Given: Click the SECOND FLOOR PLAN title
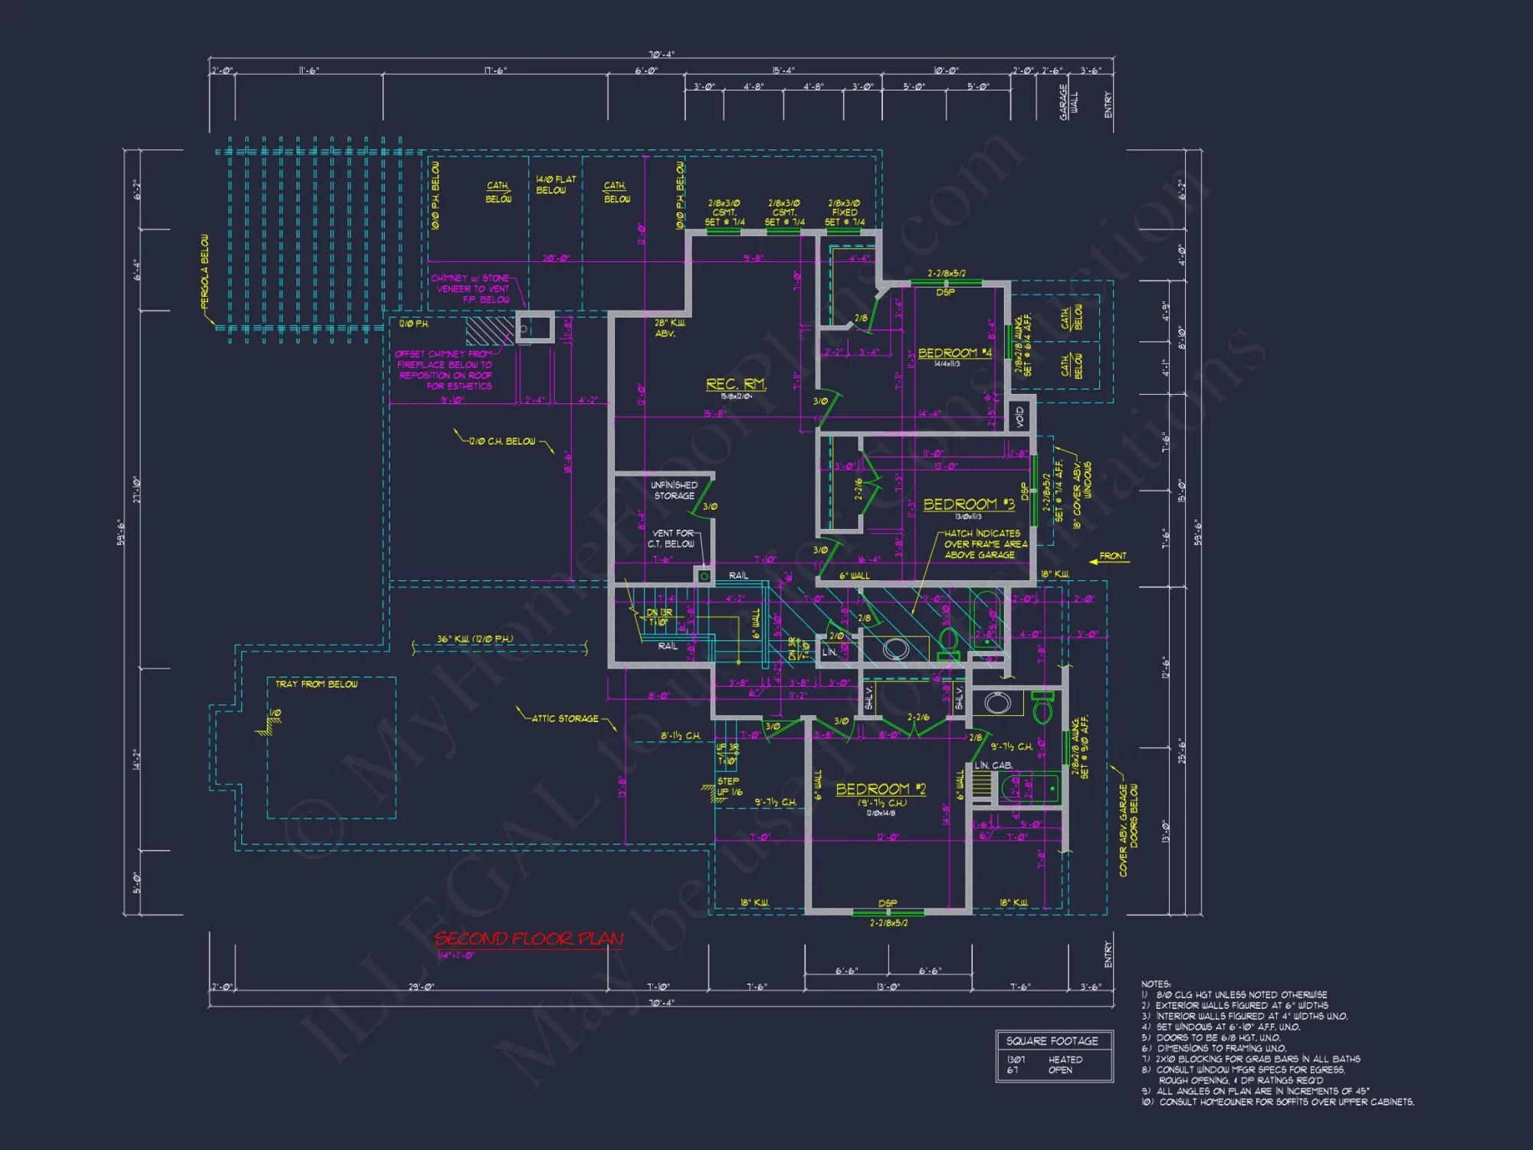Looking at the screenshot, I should (x=529, y=938).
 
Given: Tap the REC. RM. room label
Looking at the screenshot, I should (x=735, y=384).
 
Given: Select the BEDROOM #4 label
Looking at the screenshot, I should (x=954, y=353).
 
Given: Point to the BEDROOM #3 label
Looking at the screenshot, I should (x=968, y=504).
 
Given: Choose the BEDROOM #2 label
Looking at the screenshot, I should (x=881, y=789).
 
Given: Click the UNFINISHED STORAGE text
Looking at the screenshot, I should (x=674, y=491).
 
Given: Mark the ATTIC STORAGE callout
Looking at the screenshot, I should (x=565, y=718).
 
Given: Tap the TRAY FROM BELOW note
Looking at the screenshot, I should (x=317, y=684).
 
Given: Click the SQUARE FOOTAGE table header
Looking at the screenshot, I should (x=1052, y=1041).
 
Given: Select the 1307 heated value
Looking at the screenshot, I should (x=1016, y=1060).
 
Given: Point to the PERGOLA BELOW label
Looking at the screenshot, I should (x=205, y=272).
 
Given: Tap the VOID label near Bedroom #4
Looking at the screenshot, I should (x=1019, y=417).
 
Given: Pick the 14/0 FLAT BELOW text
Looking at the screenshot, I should (x=555, y=185).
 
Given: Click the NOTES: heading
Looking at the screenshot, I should (x=1155, y=984).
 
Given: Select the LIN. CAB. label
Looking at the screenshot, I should (x=993, y=765).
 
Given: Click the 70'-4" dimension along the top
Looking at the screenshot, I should (x=661, y=54).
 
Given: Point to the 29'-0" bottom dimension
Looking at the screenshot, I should (x=421, y=987).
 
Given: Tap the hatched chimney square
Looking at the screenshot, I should (x=489, y=330).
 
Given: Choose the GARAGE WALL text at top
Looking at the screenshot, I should (x=1068, y=102).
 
